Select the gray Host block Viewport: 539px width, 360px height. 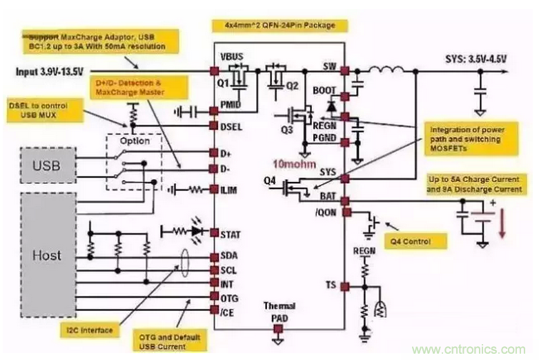(x=46, y=254)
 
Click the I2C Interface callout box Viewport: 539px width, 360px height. (x=91, y=330)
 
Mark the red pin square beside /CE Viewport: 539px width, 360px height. (x=215, y=312)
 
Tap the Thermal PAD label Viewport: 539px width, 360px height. (x=279, y=311)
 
